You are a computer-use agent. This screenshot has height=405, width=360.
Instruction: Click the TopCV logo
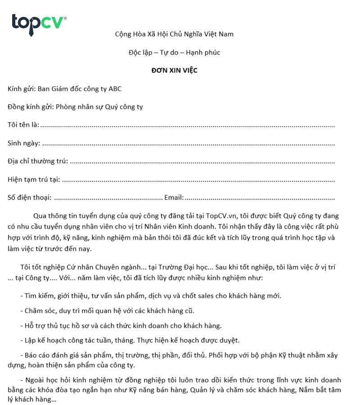(x=39, y=24)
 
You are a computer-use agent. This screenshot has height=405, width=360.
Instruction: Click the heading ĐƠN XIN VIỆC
(x=174, y=70)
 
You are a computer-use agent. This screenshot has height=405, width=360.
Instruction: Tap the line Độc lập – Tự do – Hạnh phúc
(x=174, y=52)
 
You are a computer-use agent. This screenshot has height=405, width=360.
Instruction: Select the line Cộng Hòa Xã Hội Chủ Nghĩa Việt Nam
(x=174, y=34)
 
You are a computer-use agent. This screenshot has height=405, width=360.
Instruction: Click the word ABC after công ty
(x=115, y=89)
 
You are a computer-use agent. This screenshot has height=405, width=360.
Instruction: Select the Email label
(x=174, y=197)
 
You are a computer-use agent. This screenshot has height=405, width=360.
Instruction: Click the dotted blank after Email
(x=260, y=198)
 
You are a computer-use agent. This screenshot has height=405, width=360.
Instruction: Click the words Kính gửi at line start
(x=21, y=89)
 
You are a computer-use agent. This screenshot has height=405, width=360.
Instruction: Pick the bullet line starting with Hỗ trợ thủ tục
(x=121, y=325)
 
